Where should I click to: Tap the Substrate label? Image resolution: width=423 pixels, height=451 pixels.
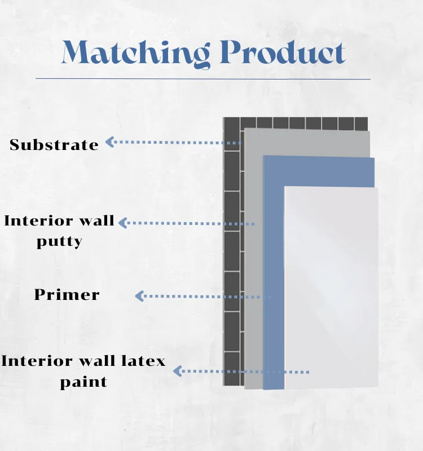click(54, 145)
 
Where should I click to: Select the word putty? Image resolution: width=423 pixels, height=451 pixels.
click(59, 242)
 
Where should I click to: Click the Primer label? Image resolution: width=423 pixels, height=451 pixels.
click(67, 295)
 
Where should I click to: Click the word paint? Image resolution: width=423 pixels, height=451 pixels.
click(83, 382)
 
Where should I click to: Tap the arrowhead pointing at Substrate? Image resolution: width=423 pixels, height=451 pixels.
click(110, 142)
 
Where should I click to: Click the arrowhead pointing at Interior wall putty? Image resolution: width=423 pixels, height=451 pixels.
click(122, 223)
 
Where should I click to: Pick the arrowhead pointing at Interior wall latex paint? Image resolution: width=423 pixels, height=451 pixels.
click(177, 371)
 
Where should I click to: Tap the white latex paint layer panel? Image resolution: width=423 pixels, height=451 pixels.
click(330, 282)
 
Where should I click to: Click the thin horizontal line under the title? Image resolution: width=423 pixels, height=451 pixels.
click(203, 79)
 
